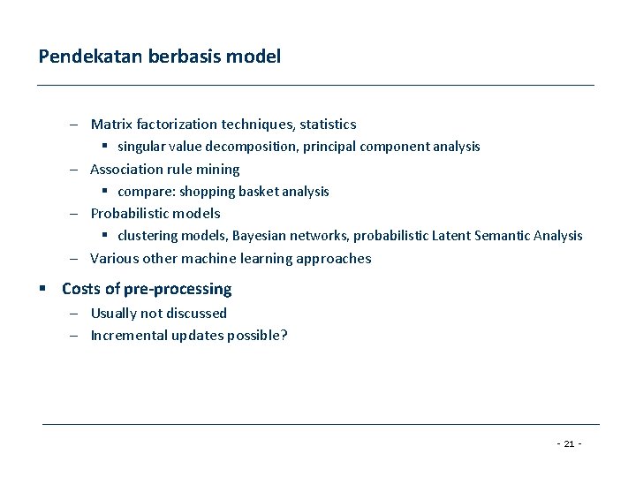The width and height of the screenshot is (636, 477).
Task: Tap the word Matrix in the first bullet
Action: (x=110, y=125)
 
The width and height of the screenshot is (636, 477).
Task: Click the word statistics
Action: (x=326, y=125)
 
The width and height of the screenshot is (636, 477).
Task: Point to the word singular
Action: (x=141, y=147)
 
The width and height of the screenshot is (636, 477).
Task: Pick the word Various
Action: (x=112, y=259)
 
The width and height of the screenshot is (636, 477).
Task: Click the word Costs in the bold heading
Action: (x=79, y=289)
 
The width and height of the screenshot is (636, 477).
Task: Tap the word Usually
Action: (x=115, y=313)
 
